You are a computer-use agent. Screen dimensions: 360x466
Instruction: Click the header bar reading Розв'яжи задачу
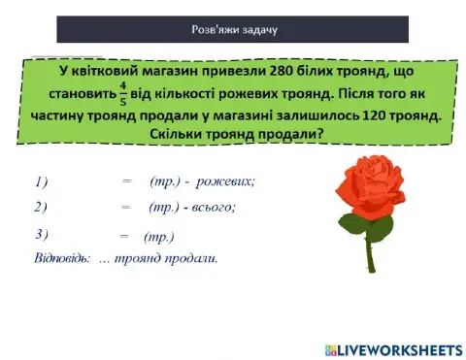[232, 29]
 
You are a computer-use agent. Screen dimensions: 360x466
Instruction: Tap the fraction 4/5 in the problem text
[122, 95]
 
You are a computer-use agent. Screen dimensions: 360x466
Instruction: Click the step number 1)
[41, 181]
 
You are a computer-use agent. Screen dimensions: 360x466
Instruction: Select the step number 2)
[41, 207]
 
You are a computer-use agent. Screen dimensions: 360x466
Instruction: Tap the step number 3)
[41, 234]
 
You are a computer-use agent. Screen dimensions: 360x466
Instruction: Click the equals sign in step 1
[125, 181]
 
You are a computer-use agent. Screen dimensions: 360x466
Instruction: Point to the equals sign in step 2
[125, 207]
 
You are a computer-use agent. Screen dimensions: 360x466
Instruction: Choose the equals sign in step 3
[124, 236]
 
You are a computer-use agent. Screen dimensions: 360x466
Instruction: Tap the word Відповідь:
[62, 258]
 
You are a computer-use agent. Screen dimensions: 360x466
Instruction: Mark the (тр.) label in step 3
[157, 236]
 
